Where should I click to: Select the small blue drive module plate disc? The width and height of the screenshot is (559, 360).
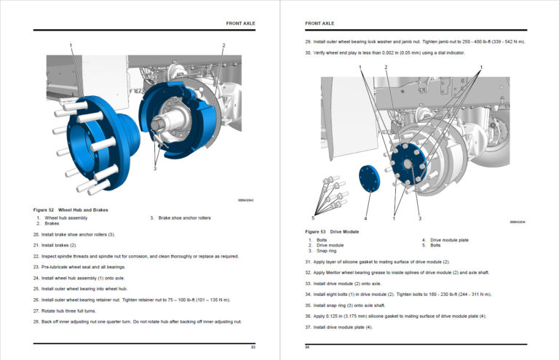369,179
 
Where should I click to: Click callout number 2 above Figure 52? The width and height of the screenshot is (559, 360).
223,46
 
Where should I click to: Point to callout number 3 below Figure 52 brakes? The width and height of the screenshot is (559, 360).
154,168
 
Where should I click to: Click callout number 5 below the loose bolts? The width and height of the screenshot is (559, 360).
314,217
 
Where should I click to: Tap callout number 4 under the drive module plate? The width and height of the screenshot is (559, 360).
365,217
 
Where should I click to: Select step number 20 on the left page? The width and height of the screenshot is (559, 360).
36,234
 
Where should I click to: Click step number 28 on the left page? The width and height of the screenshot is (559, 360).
36,321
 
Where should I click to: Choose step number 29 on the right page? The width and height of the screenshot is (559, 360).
308,41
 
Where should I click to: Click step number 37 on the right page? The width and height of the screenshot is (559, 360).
308,327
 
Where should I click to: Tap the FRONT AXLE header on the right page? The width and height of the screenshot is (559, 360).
320,23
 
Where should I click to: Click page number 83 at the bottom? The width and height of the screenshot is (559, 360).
253,348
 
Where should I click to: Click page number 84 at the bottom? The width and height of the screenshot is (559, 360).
307,348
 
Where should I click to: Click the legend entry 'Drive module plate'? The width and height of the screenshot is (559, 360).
449,239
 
